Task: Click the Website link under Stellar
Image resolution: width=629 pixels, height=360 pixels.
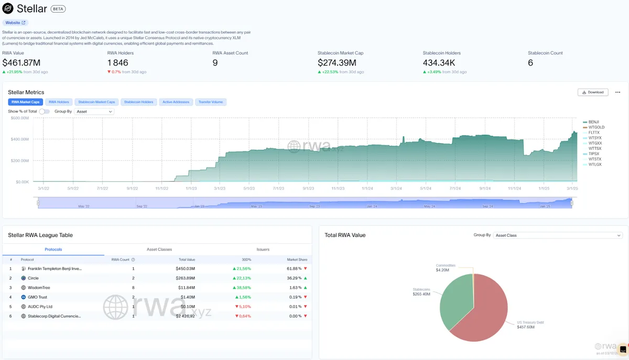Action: pos(15,23)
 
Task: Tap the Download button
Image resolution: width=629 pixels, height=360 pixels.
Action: pos(593,92)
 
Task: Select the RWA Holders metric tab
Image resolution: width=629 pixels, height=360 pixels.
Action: pos(59,102)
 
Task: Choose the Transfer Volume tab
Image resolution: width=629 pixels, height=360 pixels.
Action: pos(211,102)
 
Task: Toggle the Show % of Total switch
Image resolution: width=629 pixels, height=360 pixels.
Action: pos(45,112)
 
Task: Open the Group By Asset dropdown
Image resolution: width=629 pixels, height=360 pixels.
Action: pos(94,112)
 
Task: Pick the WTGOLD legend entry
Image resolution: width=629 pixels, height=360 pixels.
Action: pos(596,127)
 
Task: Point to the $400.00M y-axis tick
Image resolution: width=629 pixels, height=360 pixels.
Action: pos(20,139)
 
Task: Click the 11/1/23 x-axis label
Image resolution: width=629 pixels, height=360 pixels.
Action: pos(337,188)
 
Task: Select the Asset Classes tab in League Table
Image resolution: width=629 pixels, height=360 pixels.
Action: pos(159,249)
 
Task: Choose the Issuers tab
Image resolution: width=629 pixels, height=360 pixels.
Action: pos(263,249)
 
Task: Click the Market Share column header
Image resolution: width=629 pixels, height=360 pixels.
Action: pos(297,259)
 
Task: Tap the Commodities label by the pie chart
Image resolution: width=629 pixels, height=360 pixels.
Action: pos(446,266)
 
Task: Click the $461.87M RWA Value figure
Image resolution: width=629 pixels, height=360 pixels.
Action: pos(21,63)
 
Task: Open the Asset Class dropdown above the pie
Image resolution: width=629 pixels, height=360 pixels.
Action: pos(558,235)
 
